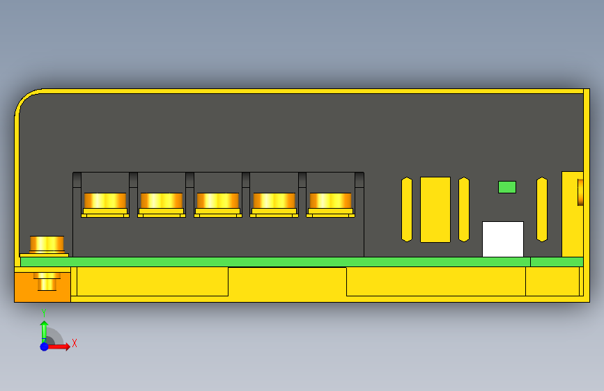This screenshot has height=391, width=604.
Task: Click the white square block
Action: coord(503,239)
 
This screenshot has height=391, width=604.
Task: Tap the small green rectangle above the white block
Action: coord(507,187)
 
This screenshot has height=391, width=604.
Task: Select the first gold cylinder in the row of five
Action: coord(105,201)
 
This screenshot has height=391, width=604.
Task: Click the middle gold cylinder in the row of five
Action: coord(218,201)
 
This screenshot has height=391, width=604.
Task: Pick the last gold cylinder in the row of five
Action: coord(330,201)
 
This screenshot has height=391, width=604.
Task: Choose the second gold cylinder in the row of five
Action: coord(162,201)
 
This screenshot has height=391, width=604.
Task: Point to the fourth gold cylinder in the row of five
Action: coord(274,201)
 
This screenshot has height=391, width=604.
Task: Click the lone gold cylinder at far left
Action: coord(47,244)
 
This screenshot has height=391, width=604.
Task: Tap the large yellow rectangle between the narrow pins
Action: coord(435,209)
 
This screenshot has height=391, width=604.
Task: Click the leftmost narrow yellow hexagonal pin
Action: coord(407,209)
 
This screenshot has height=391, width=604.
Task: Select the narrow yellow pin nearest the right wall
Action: coord(542,209)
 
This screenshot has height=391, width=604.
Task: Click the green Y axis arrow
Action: coord(44,329)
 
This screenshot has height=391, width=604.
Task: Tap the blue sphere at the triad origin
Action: coord(44,346)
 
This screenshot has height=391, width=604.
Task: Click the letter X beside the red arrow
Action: coord(74,343)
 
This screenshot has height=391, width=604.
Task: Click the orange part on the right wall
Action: coord(580,192)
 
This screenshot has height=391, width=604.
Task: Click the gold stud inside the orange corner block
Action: coord(47,282)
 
